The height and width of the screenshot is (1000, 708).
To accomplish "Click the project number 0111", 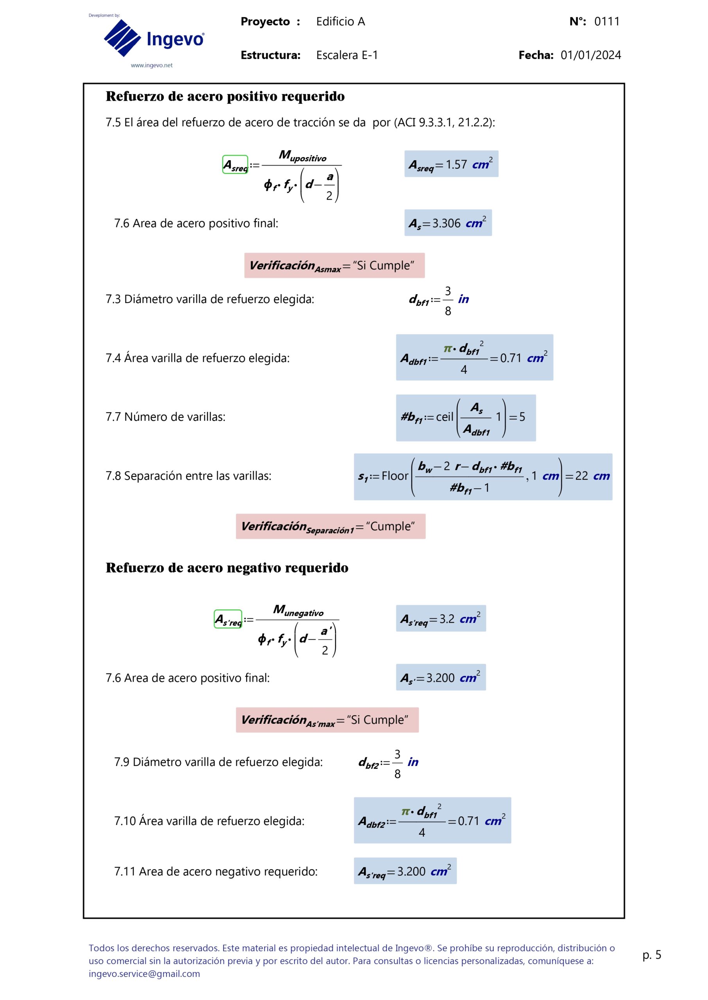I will tap(606, 21).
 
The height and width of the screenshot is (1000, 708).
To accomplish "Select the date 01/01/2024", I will tap(590, 55).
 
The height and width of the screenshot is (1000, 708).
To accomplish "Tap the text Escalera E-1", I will tap(347, 55).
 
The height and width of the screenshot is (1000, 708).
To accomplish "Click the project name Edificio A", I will tap(340, 21).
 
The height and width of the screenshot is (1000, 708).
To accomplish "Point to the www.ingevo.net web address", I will tap(151, 65).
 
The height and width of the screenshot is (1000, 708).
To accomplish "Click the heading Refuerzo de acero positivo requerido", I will tap(225, 96).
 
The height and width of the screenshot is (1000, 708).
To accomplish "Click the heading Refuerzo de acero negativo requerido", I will tap(227, 568).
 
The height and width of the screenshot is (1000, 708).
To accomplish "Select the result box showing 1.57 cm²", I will tap(451, 164).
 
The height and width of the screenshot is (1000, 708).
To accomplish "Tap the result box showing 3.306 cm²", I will tap(448, 223).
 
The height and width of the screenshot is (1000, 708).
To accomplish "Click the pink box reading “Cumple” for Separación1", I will tap(330, 527).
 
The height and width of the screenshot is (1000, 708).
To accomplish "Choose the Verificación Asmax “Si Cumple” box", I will tap(334, 266).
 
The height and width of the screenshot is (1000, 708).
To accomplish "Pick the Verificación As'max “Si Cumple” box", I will tap(327, 720).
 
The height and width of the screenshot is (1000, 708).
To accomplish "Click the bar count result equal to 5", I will tap(466, 418).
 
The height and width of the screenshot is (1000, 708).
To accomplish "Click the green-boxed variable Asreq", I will tap(235, 164).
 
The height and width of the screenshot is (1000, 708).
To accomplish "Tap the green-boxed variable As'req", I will tap(228, 619).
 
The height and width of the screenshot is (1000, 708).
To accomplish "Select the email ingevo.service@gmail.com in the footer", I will tap(144, 974).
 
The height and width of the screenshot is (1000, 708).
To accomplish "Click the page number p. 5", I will tap(651, 955).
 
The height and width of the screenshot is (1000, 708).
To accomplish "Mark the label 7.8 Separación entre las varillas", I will tap(188, 476).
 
